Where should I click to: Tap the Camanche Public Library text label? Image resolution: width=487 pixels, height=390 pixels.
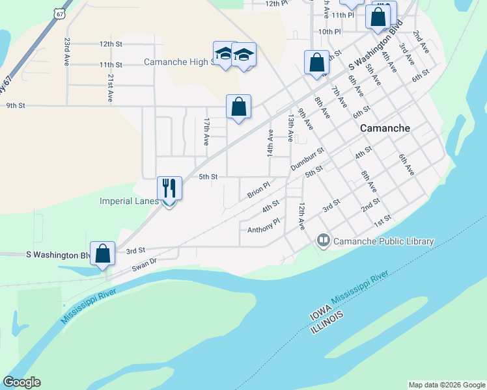[383, 241]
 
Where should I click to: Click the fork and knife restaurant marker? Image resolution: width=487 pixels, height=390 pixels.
[169, 188]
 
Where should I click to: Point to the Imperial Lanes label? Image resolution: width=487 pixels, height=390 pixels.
[129, 201]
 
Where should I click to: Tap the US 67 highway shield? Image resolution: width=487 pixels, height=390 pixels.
[61, 13]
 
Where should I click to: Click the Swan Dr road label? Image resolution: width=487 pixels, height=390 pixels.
[145, 261]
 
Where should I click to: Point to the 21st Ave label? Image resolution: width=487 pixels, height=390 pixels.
[110, 86]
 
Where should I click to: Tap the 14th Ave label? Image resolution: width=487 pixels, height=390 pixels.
[270, 142]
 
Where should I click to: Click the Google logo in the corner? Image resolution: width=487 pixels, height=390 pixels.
[21, 382]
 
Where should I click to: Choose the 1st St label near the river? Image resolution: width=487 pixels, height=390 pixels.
[382, 220]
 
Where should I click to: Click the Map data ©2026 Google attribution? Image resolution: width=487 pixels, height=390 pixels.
[447, 385]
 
